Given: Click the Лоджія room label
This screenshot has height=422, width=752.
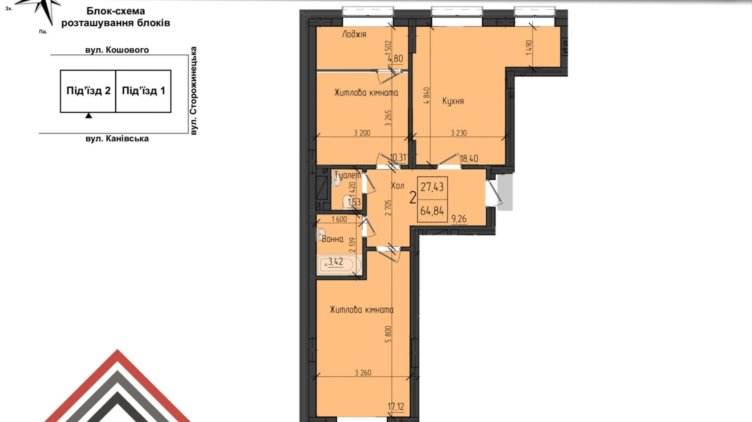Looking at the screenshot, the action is [354, 34].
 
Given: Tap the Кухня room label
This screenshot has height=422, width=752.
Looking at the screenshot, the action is [453, 101].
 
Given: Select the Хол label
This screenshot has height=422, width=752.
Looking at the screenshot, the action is [397, 186].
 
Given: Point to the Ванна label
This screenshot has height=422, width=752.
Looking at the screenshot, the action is [333, 239].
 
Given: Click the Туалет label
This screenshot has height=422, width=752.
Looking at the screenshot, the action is [347, 175].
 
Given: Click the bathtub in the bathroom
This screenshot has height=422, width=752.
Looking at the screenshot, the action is [339, 265].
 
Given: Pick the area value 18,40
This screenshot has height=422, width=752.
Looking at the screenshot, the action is [469, 159].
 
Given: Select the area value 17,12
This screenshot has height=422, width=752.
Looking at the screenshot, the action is [396, 407].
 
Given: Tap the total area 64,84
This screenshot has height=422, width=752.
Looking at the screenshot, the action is [432, 211].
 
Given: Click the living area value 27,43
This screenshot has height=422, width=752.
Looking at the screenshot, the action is [432, 187].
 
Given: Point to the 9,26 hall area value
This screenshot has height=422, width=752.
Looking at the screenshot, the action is [459, 219].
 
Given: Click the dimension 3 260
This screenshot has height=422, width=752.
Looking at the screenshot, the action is [363, 373].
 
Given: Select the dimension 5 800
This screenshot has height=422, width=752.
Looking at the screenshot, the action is [389, 334].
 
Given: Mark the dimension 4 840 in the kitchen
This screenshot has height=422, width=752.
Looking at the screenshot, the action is [426, 96].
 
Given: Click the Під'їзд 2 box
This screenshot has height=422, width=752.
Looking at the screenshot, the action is [88, 91].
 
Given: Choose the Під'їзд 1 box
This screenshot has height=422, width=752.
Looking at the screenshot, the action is [143, 91].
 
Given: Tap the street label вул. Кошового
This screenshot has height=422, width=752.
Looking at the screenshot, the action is [117, 50].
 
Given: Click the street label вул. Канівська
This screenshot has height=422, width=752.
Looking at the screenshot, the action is [117, 139].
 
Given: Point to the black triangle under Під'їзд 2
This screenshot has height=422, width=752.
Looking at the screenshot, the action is [89, 116].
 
